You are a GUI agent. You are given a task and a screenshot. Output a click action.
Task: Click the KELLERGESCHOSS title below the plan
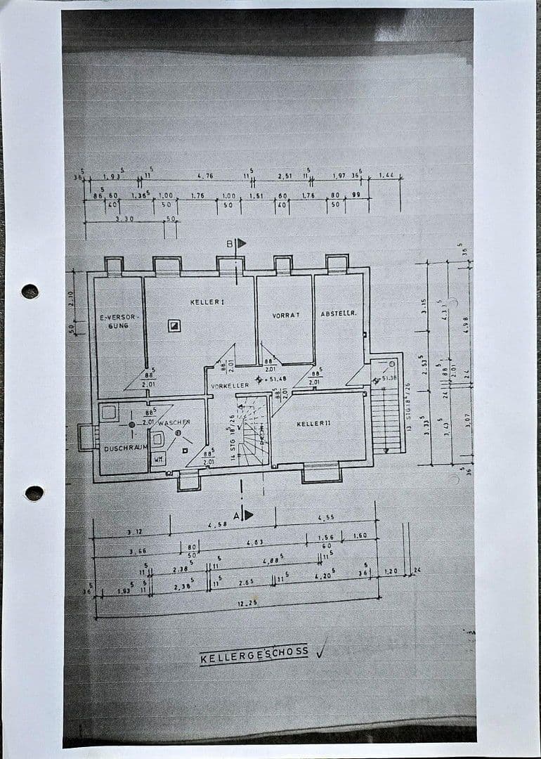click(254, 655)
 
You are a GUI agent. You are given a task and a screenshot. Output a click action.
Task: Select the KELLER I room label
click(207, 302)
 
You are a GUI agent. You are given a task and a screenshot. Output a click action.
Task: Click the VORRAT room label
click(286, 316)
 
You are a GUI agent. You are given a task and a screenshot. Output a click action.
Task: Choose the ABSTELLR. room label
click(339, 313)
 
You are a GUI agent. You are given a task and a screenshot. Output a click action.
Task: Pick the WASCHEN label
click(174, 422)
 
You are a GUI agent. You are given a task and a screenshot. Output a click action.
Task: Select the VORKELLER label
click(230, 386)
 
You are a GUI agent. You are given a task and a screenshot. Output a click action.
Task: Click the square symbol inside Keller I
click(174, 325)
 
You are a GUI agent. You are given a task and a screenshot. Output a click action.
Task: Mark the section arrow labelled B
click(241, 243)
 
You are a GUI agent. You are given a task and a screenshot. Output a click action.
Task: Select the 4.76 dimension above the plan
click(205, 176)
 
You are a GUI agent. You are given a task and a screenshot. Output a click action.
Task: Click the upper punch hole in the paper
click(30, 291)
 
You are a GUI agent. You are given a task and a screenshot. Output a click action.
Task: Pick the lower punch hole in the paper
click(34, 493)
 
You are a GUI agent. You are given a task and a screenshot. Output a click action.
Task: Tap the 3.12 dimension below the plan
click(133, 532)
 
